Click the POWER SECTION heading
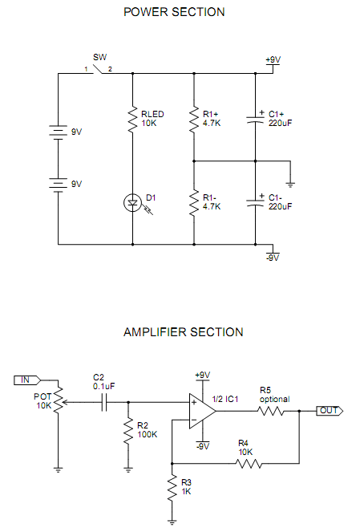pos(174,12)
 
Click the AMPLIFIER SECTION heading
pos(183,332)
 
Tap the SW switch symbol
pos(98,69)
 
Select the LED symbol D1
pos(132,203)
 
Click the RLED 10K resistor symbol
pos(132,119)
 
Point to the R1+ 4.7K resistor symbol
pos(194,119)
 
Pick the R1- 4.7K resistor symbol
pos(194,203)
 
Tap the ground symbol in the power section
pos(290,185)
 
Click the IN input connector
pos(27,380)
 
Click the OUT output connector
pos(330,411)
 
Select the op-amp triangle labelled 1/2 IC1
pos(202,411)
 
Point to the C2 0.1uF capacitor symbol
pos(104,402)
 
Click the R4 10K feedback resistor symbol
pos(249,464)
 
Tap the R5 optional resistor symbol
pos(270,411)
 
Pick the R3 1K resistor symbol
pos(172,488)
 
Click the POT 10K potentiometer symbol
pos(59,400)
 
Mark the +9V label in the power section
pos(273,59)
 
